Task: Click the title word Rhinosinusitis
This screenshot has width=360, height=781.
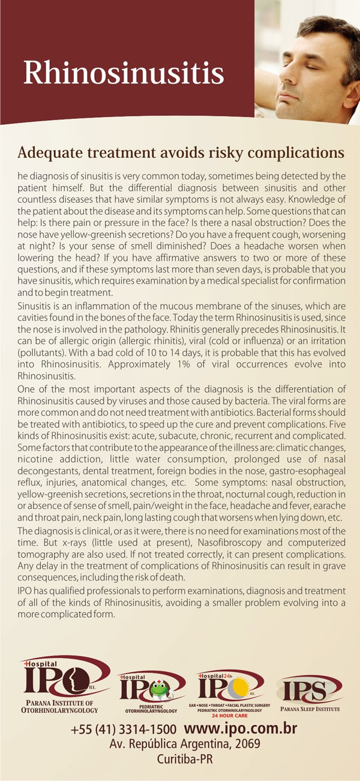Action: tap(124, 73)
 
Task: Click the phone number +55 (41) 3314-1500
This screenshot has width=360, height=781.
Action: tap(124, 730)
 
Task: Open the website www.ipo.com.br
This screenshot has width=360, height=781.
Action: tap(240, 729)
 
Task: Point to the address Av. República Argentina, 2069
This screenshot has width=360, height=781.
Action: tap(184, 744)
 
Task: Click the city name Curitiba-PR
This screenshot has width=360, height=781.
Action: tap(184, 758)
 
